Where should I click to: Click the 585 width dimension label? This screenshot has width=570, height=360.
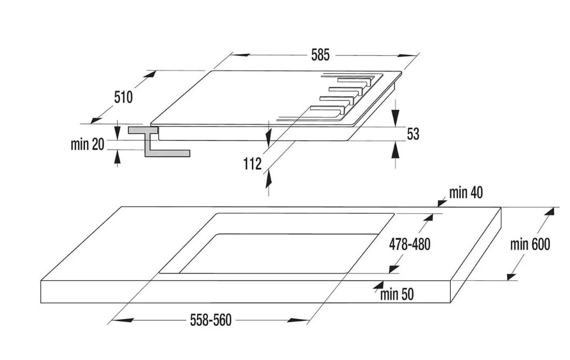[x=320, y=55]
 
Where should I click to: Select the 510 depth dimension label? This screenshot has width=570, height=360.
[x=123, y=97]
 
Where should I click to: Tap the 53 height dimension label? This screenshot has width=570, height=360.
[x=412, y=134]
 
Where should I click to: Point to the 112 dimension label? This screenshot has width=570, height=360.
[x=252, y=164]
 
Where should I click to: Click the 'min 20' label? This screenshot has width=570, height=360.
[x=87, y=145]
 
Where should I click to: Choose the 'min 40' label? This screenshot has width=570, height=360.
[x=466, y=193]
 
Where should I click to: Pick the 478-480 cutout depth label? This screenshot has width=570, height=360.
[x=409, y=244]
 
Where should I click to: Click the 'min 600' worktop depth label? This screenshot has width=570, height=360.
[x=530, y=244]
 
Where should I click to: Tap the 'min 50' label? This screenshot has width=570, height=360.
[x=397, y=295]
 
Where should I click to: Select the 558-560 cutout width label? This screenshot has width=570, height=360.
[x=210, y=321]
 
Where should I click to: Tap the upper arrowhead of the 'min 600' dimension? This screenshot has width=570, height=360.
[x=553, y=211]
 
